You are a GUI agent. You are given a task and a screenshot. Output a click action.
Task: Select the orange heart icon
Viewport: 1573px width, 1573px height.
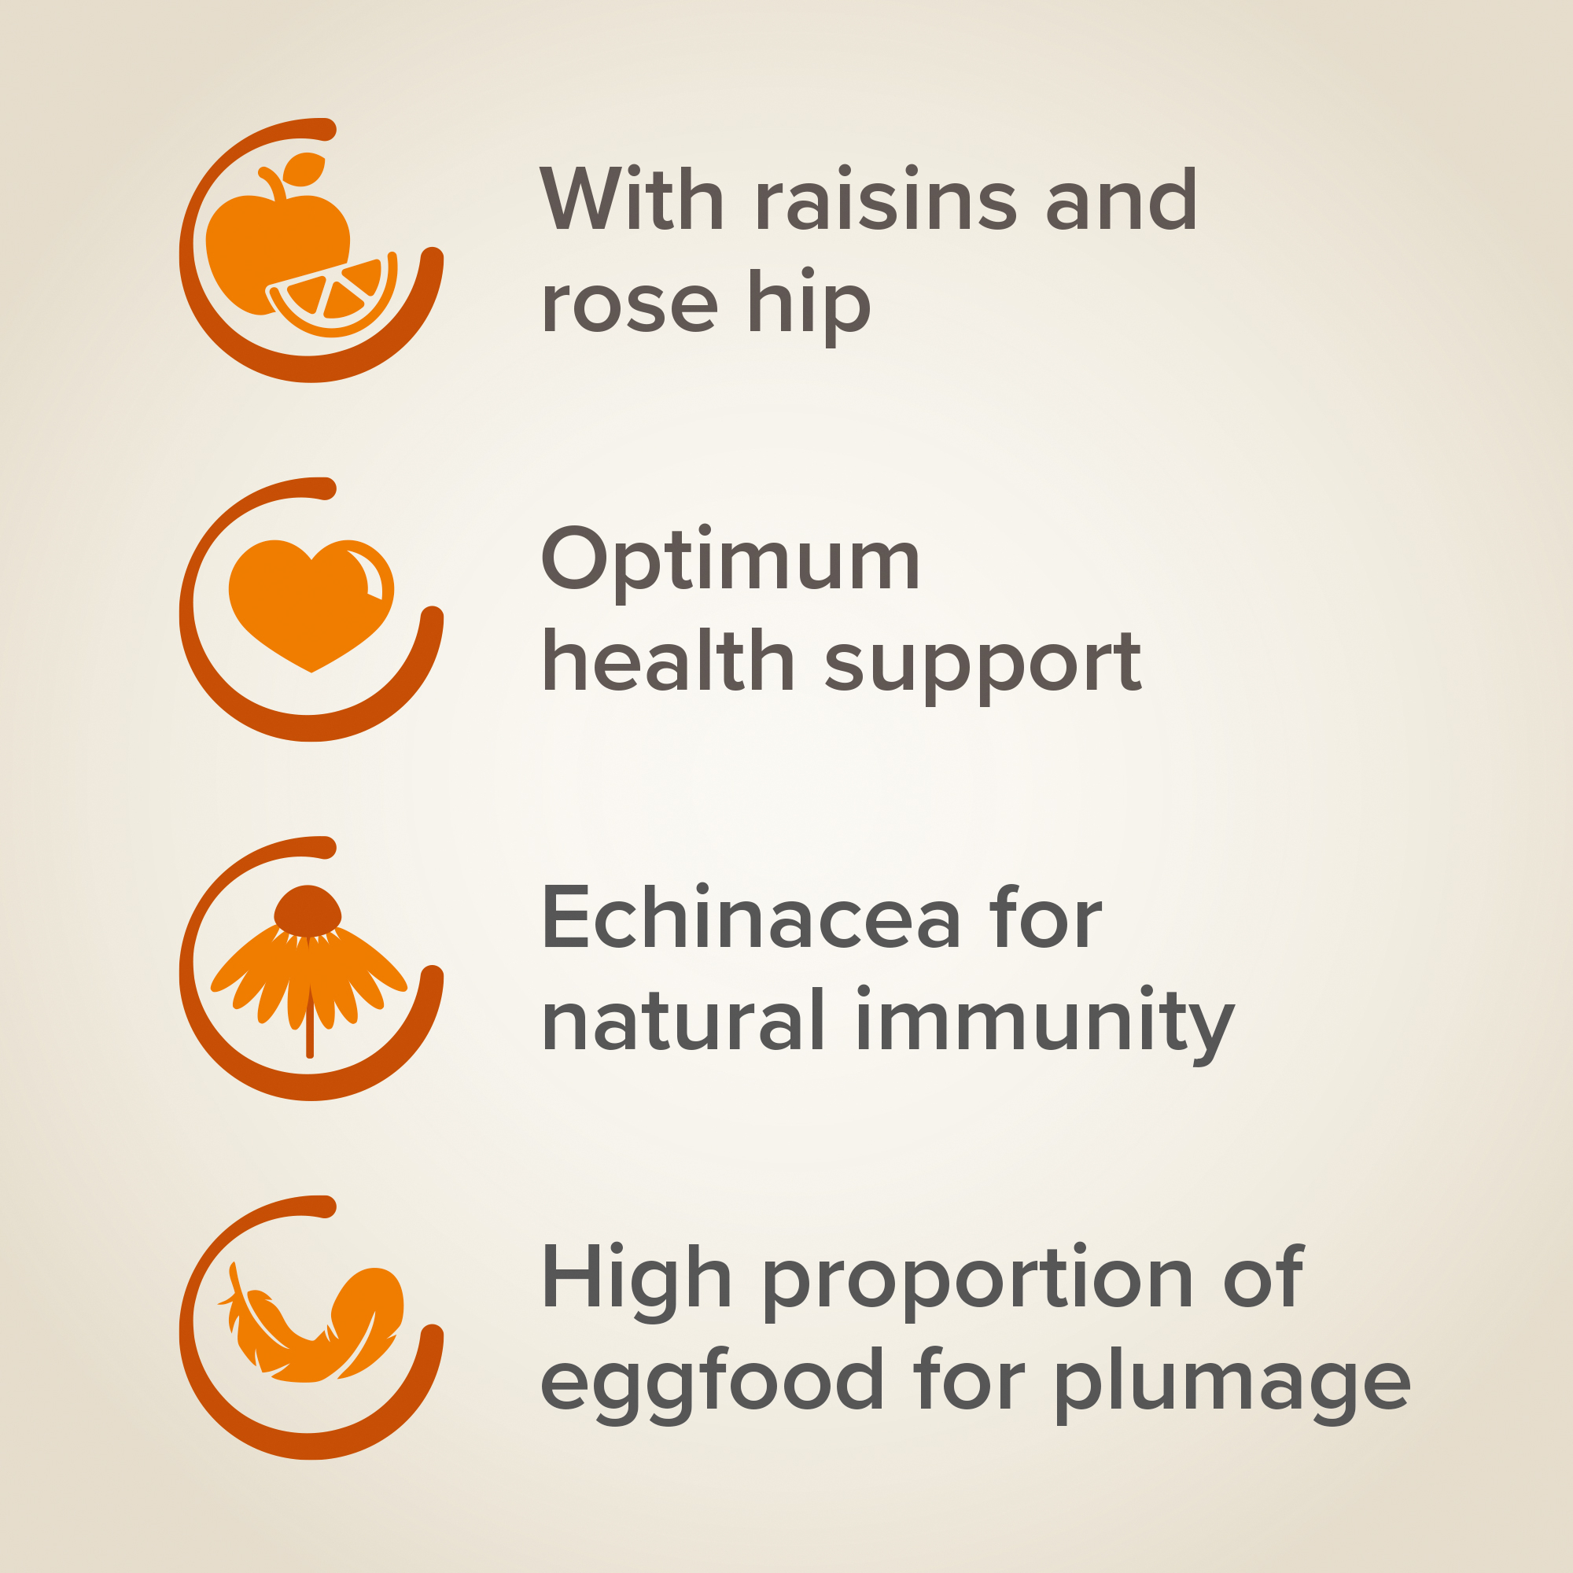click(311, 605)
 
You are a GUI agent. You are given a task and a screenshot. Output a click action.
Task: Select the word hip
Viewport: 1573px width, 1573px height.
click(809, 307)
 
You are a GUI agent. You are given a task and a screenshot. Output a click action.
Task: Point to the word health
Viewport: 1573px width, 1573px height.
click(669, 662)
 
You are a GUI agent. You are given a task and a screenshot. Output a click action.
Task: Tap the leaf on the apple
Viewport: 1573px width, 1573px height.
click(304, 168)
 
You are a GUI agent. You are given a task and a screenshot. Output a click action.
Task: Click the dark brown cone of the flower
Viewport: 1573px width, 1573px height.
click(308, 910)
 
